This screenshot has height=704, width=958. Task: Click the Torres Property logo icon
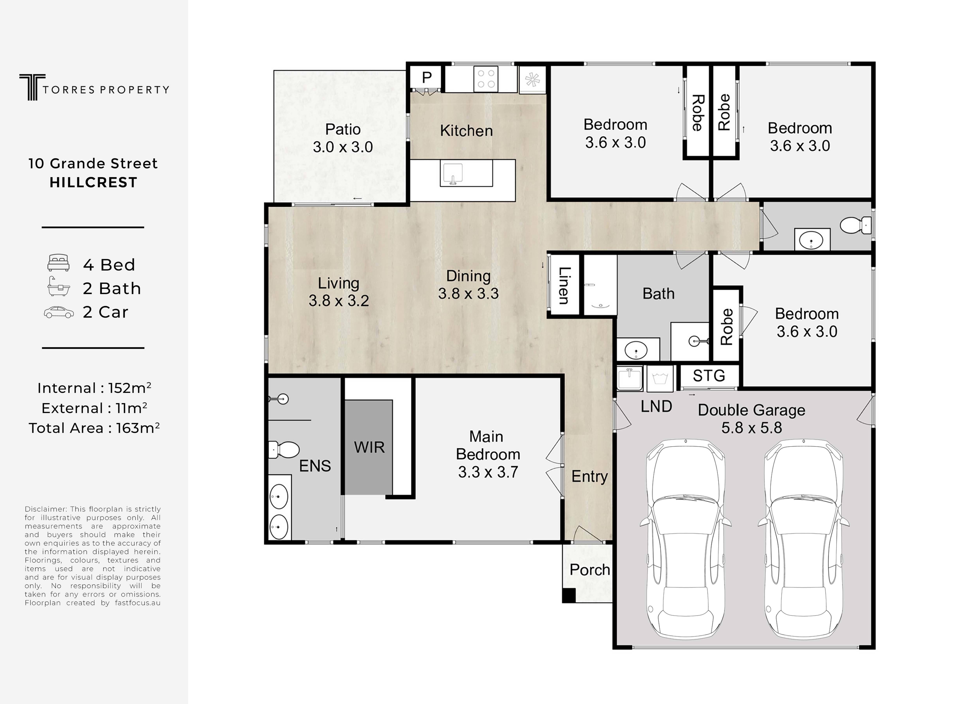[x=32, y=87]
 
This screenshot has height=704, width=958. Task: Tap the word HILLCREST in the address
[x=93, y=182]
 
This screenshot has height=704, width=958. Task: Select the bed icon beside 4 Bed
[x=58, y=263]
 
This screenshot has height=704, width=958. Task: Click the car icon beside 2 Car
[x=59, y=312]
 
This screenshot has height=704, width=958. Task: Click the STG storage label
[x=709, y=375]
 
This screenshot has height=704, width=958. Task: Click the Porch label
[x=590, y=570]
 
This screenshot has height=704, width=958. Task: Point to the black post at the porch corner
[x=568, y=595]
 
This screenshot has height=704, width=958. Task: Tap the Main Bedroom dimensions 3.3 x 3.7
[x=488, y=472]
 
